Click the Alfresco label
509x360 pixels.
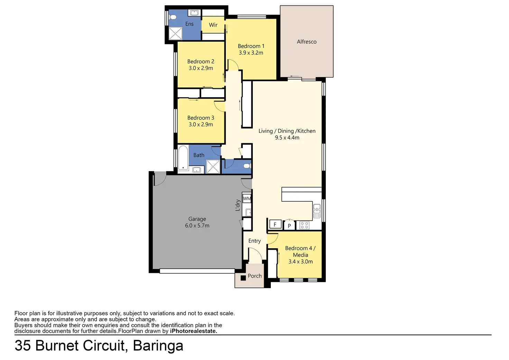pyautogui.click(x=306, y=42)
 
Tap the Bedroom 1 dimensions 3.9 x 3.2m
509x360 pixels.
pyautogui.click(x=251, y=53)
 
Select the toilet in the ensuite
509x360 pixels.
pyautogui.click(x=172, y=17)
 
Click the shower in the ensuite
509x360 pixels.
pyautogui.click(x=175, y=33)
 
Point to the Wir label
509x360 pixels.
pyautogui.click(x=213, y=25)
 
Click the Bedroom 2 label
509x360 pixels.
pyautogui.click(x=201, y=62)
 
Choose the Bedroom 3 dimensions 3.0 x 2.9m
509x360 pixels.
pyautogui.click(x=201, y=124)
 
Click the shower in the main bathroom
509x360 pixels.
pyautogui.click(x=213, y=166)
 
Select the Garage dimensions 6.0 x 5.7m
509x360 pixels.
pyautogui.click(x=197, y=226)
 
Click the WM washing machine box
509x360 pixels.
pyautogui.click(x=247, y=199)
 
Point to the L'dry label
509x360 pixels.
pyautogui.click(x=238, y=205)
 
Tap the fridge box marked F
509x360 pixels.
pyautogui.click(x=275, y=224)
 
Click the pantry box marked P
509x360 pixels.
pyautogui.click(x=289, y=225)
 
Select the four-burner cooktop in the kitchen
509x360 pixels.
pyautogui.click(x=304, y=225)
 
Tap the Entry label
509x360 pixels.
pyautogui.click(x=254, y=241)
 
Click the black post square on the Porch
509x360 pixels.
pyautogui.click(x=243, y=278)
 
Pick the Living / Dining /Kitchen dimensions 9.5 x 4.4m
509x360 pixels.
pyautogui.click(x=287, y=138)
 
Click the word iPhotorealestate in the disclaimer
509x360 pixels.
pyautogui.click(x=193, y=331)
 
